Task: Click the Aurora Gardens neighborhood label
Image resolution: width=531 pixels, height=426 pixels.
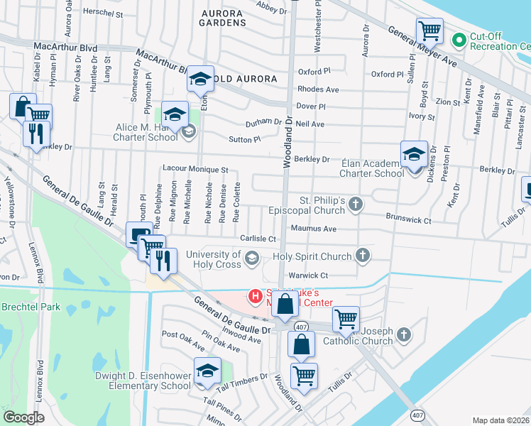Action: tap(224, 18)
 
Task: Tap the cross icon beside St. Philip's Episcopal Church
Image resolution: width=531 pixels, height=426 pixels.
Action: tap(356, 204)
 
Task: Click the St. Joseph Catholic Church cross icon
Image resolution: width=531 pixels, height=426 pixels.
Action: tap(403, 334)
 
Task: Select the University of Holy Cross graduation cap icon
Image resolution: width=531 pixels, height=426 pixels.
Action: tap(251, 261)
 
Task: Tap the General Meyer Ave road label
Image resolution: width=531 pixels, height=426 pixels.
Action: tap(421, 47)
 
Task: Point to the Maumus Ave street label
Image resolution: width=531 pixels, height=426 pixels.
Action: tap(313, 229)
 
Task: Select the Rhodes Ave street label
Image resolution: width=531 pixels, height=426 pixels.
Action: tap(318, 89)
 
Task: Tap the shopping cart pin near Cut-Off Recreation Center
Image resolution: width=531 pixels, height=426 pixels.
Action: tap(429, 31)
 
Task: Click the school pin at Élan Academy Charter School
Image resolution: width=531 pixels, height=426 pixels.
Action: tap(414, 153)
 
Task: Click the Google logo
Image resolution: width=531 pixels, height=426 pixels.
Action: tap(23, 417)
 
